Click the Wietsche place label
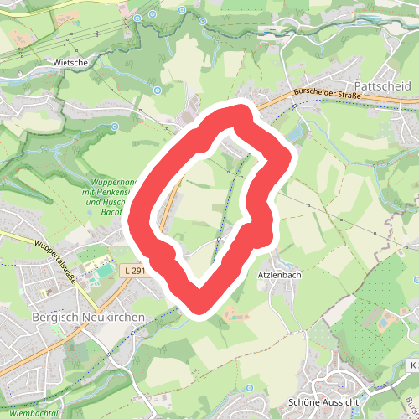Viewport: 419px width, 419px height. coord(70,62)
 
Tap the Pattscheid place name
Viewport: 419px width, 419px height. coord(382,85)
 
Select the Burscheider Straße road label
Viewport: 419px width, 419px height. coord(328,95)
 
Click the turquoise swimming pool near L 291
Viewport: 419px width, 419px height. coord(103,270)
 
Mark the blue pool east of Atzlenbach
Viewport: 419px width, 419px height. coord(383,321)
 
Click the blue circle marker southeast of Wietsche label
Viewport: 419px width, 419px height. coord(157,90)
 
